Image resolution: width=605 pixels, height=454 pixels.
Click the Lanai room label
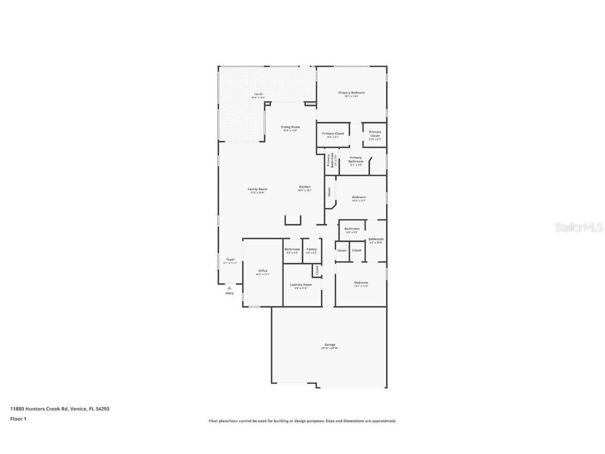[x=258, y=94]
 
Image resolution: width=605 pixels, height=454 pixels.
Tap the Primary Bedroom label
[x=351, y=93]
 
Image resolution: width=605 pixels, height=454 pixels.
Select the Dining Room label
[x=290, y=127]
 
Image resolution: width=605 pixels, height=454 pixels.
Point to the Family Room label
[x=257, y=190]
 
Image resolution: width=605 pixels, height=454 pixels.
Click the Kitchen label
[x=305, y=187]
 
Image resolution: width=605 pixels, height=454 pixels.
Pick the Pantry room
[x=311, y=250]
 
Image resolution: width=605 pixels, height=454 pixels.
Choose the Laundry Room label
[x=301, y=285]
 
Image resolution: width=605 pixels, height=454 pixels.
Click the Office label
[x=263, y=271]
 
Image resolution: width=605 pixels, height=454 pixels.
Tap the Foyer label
[x=231, y=260]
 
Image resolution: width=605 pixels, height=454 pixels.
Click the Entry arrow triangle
[x=230, y=288]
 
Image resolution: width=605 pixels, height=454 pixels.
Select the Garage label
[x=330, y=345]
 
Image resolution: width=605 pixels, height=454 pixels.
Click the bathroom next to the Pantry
[x=293, y=250]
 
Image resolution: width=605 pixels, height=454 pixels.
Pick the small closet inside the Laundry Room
[x=317, y=271]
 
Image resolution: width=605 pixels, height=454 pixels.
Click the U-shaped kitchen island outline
[x=293, y=221]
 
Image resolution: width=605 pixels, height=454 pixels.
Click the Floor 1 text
[x=18, y=419]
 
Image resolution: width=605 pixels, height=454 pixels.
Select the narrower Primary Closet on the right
[x=374, y=135]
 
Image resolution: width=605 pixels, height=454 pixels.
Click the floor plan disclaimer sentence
[x=302, y=421]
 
